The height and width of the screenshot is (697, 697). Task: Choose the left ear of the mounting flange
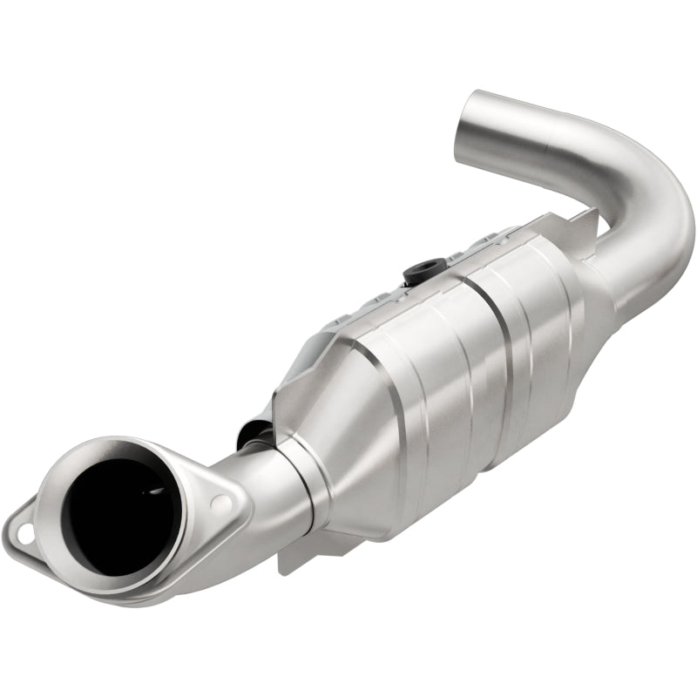(x=26, y=527)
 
